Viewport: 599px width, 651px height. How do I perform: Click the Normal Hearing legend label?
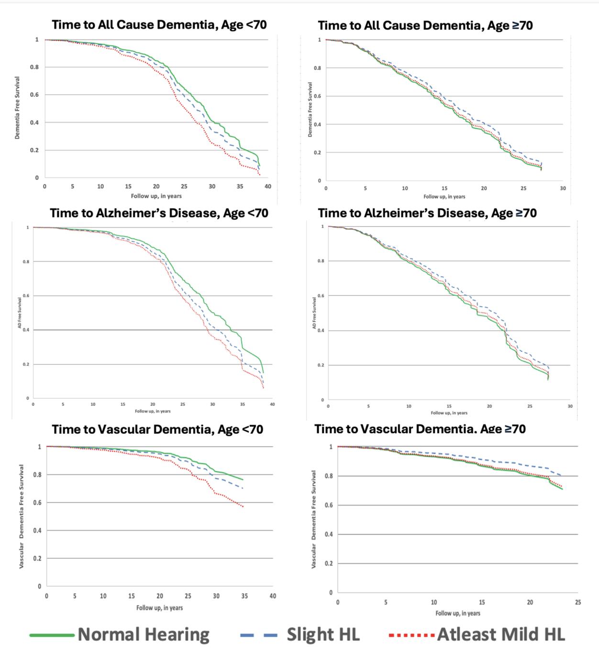(144, 635)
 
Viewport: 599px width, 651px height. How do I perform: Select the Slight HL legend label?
(323, 635)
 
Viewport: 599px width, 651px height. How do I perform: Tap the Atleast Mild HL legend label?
(501, 635)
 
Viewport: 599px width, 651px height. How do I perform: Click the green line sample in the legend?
(52, 635)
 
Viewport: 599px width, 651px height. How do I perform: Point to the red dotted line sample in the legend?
(411, 635)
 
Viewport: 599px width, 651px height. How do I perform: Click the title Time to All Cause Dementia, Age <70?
(159, 25)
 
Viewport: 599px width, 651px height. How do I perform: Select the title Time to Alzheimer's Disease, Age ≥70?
(427, 213)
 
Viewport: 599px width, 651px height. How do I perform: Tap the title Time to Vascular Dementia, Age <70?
(157, 429)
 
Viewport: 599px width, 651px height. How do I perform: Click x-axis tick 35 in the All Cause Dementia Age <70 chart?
(240, 186)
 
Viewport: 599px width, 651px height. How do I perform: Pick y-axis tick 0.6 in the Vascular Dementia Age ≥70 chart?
(329, 505)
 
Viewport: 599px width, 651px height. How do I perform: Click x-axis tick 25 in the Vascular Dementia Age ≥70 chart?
(578, 602)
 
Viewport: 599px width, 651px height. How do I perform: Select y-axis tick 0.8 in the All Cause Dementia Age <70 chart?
(34, 67)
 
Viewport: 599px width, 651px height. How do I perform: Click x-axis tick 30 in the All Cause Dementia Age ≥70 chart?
(563, 188)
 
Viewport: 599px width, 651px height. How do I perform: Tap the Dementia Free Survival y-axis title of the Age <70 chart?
(17, 108)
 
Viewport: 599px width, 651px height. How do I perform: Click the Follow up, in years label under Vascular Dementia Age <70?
(159, 608)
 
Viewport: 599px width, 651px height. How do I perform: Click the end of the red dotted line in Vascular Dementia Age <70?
(243, 506)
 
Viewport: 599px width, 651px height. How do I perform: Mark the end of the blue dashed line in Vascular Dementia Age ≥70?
(561, 475)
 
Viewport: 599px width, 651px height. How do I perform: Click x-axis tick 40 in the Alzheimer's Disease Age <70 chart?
(272, 404)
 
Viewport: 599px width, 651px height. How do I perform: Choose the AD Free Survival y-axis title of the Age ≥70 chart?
(314, 313)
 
